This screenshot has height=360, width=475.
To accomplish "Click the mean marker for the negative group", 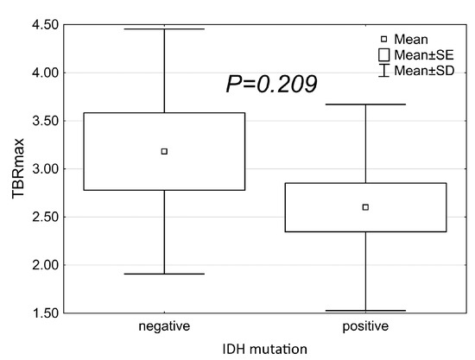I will click(164, 151).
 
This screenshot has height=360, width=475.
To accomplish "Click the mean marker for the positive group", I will click(365, 207).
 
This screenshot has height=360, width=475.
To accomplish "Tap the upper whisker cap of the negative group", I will click(164, 29).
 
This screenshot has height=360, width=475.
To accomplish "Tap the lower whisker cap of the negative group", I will click(164, 274).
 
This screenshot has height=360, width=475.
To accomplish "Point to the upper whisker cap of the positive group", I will click(365, 104).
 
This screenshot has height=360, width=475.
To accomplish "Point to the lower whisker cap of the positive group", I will click(365, 310).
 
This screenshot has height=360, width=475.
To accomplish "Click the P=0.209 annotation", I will click(271, 84).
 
